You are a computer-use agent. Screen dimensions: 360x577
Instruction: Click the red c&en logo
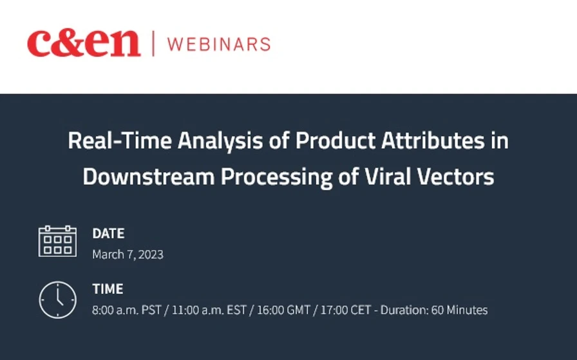point(83,44)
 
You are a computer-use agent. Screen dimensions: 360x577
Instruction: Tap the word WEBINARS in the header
point(218,44)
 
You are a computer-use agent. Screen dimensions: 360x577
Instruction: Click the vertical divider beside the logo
point(153,44)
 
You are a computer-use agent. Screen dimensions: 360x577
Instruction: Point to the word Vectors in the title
point(457,176)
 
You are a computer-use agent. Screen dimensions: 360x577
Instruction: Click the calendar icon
point(57,242)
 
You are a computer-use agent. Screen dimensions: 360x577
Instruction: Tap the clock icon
point(57,299)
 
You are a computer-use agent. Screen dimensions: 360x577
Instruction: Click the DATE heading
point(108,233)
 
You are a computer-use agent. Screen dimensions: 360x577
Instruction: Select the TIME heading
point(108,289)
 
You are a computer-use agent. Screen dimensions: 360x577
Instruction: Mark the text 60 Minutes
point(459,310)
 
